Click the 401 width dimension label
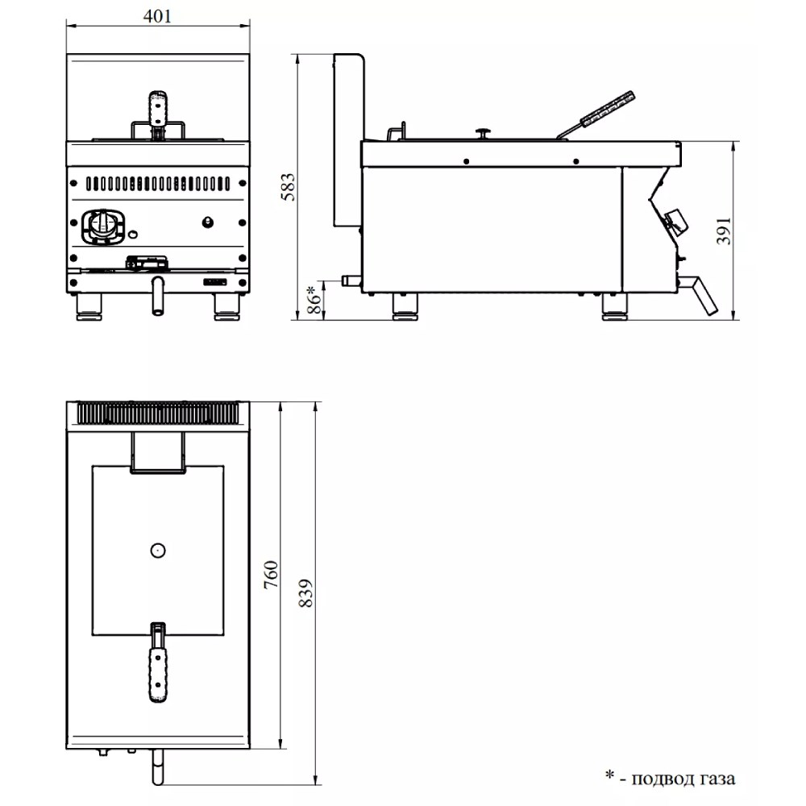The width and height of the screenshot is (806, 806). pyautogui.click(x=157, y=16)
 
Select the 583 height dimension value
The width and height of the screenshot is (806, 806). pyautogui.click(x=289, y=187)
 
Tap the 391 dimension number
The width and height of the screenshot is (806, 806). pyautogui.click(x=724, y=231)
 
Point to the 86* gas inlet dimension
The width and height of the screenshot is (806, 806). pyautogui.click(x=313, y=300)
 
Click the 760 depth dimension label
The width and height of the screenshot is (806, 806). pyautogui.click(x=271, y=575)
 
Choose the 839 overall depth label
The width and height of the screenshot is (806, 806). pyautogui.click(x=305, y=593)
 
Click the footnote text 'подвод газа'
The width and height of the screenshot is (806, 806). pyautogui.click(x=683, y=779)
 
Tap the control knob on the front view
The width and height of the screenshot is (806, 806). pyautogui.click(x=104, y=226)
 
